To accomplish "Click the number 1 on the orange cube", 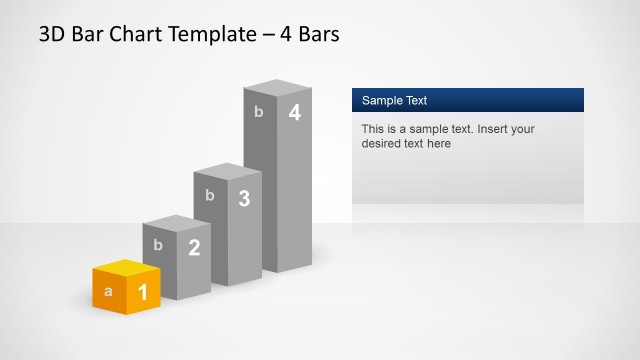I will coord(142,292).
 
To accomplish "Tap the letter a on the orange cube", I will coord(108,292).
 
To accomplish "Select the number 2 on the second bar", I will coord(194,248).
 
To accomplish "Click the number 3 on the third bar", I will coord(244,198).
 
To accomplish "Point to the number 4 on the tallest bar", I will coord(294,113).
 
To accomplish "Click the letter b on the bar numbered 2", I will coord(158,244).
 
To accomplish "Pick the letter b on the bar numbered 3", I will coord(209,195).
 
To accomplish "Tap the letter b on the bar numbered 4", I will coord(259,112).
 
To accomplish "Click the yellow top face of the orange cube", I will coord(126,267).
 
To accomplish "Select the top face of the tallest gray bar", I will coord(278,87).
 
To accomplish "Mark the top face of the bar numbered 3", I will coord(227,171).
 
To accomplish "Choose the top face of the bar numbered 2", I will coord(177,223).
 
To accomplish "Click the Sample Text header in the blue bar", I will coord(394,100).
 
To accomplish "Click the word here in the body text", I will coord(439,144).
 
